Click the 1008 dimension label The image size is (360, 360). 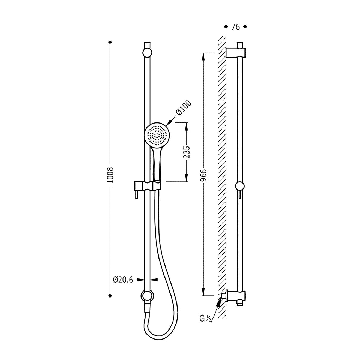(x=110, y=175)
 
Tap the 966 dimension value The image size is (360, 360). (x=203, y=175)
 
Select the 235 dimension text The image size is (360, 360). (x=187, y=152)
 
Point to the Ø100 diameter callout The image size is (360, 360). (x=184, y=108)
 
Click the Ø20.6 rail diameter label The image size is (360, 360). (x=123, y=280)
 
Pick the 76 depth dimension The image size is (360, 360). (x=235, y=27)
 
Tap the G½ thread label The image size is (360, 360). (x=205, y=318)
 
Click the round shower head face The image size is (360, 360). (x=157, y=135)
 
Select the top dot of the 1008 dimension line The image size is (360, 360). (x=110, y=42)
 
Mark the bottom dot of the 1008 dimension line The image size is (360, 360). (x=110, y=296)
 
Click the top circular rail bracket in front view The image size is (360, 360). (x=147, y=53)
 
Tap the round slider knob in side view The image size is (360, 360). (x=240, y=186)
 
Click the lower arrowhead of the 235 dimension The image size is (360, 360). (x=186, y=178)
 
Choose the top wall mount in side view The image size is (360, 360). (x=236, y=53)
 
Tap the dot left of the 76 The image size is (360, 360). (x=226, y=27)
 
